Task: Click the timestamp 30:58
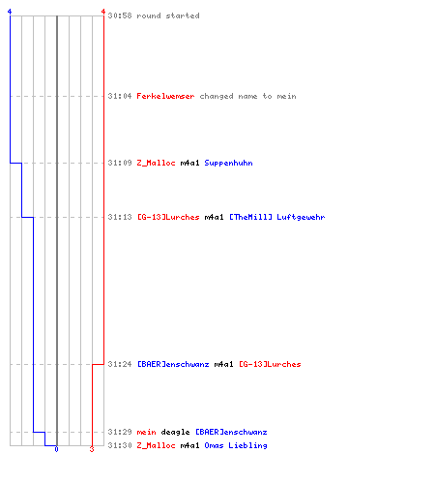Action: coord(120,15)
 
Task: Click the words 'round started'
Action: coord(168,15)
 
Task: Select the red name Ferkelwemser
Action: coord(165,96)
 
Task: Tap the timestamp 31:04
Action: coord(120,96)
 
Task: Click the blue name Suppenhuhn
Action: coord(228,163)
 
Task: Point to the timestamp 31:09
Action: coord(120,163)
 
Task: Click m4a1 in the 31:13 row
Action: coord(214,217)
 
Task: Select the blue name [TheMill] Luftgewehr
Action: coord(277,217)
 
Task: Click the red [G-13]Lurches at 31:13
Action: coord(168,217)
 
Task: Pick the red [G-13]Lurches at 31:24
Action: coord(270,364)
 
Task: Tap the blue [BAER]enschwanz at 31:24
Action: coord(173,364)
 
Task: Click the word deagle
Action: coord(175,432)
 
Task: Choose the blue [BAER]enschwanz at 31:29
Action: coord(231,432)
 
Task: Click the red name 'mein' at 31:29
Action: coord(146,432)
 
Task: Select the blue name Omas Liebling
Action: coord(236,445)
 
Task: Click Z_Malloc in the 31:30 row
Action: coord(156,445)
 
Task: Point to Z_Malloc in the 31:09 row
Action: coord(156,163)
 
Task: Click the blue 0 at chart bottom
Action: coord(56,449)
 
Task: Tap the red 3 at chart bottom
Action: coord(92,449)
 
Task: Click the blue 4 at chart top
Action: coord(10,12)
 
